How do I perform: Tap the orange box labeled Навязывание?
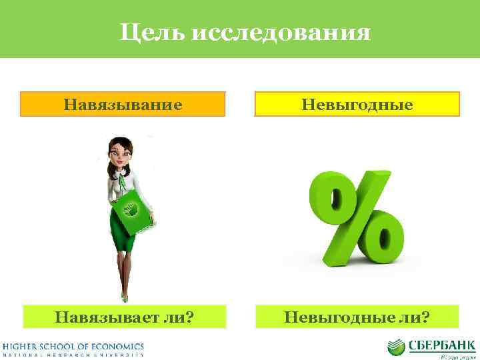(123, 105)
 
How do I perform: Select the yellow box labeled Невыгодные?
(357, 105)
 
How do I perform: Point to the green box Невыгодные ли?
(357, 315)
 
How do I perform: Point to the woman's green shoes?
(123, 296)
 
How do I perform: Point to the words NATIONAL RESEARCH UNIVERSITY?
(73, 355)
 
